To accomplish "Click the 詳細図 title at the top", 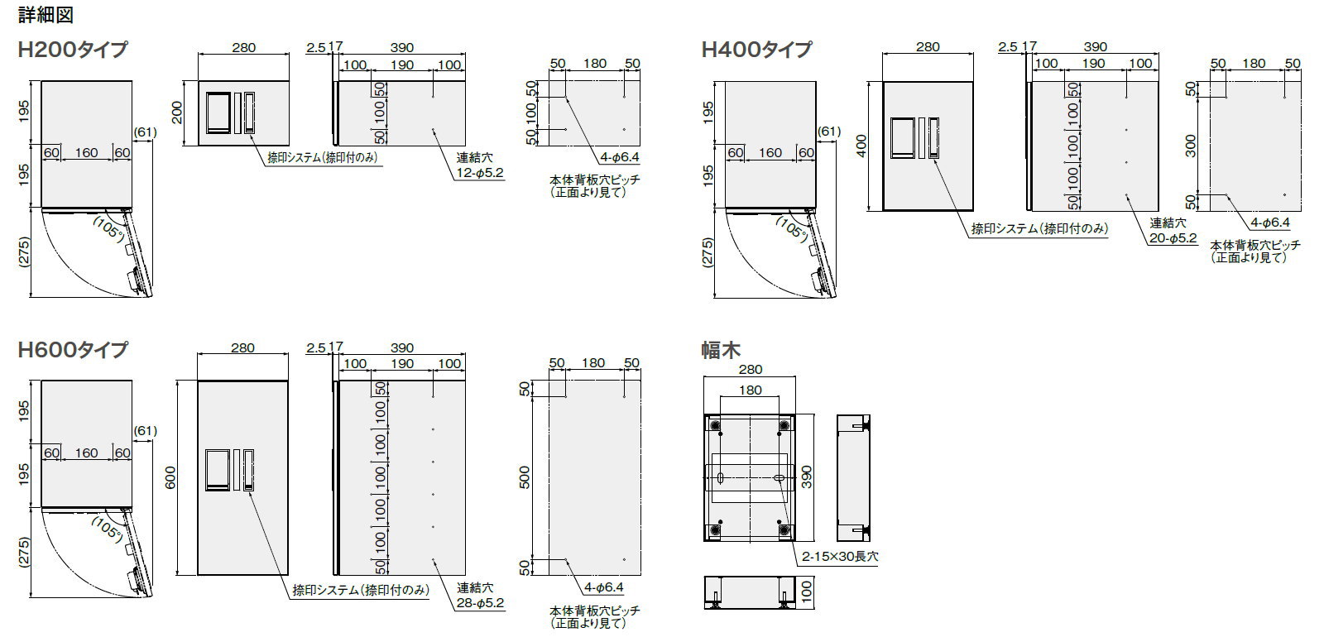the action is [46, 14].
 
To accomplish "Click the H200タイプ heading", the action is [73, 49].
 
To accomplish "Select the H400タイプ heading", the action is [756, 49].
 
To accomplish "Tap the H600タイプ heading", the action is [73, 349].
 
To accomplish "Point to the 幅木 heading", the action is [721, 350].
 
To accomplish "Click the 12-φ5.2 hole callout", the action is [480, 173].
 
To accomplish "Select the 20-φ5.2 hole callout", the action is [1173, 238].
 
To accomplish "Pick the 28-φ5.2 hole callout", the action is [480, 603].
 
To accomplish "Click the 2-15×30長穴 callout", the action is [840, 556].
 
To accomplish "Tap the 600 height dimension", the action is [170, 477].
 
